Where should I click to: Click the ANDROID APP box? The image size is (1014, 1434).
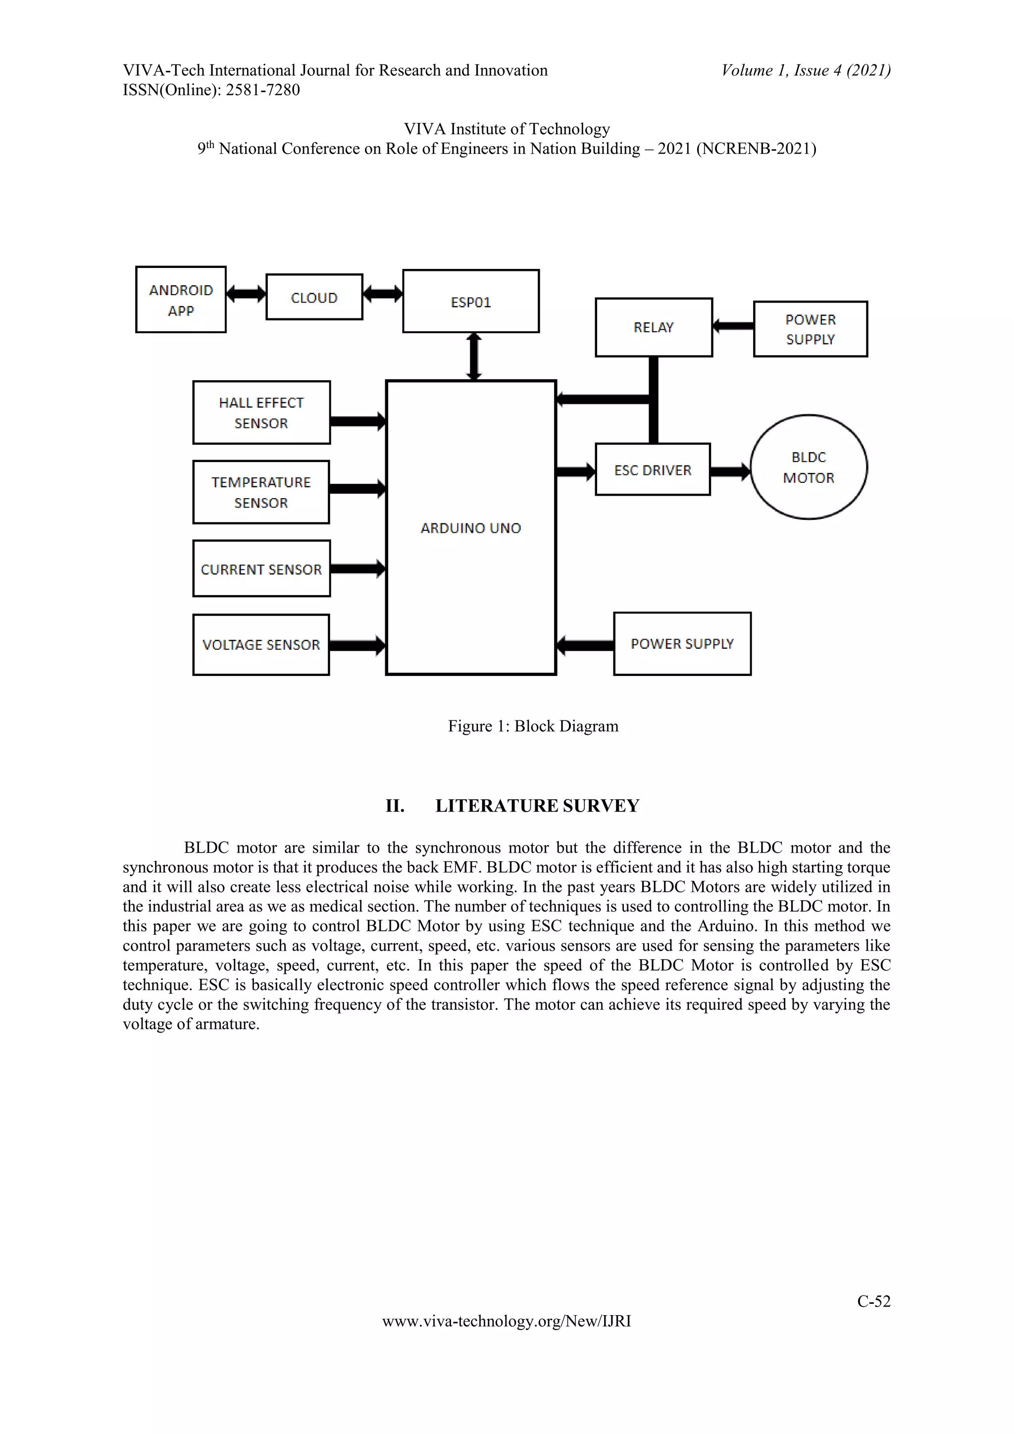pyautogui.click(x=180, y=300)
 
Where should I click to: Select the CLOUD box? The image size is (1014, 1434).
pyautogui.click(x=314, y=297)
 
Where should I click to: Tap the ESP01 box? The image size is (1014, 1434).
pyautogui.click(x=471, y=302)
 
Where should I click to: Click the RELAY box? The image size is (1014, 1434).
pyautogui.click(x=653, y=327)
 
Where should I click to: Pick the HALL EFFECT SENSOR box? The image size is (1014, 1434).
pyautogui.click(x=261, y=412)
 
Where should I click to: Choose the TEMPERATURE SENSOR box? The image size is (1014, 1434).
pyautogui.click(x=261, y=492)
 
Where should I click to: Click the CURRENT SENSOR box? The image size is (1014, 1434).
pyautogui.click(x=261, y=569)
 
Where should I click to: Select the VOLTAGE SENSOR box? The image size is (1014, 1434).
pyautogui.click(x=261, y=645)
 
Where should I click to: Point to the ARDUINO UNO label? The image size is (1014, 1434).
pyautogui.click(x=471, y=528)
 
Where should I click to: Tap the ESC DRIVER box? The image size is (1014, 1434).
pyautogui.click(x=653, y=470)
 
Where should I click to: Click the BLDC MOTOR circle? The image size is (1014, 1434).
pyautogui.click(x=809, y=467)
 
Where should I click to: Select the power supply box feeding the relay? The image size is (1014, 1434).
pyautogui.click(x=810, y=329)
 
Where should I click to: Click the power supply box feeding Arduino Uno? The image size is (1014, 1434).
pyautogui.click(x=682, y=644)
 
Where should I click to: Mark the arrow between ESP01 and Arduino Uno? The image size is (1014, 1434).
pyautogui.click(x=474, y=357)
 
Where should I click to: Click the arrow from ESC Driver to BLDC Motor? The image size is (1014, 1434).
pyautogui.click(x=730, y=471)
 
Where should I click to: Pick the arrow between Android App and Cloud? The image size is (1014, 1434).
pyautogui.click(x=246, y=294)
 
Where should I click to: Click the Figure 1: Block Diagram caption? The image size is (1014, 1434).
pyautogui.click(x=533, y=726)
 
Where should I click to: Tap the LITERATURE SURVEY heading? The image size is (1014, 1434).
pyautogui.click(x=537, y=806)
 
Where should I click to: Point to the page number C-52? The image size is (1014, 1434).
pyautogui.click(x=873, y=1300)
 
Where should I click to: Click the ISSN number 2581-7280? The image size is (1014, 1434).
pyautogui.click(x=262, y=90)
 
